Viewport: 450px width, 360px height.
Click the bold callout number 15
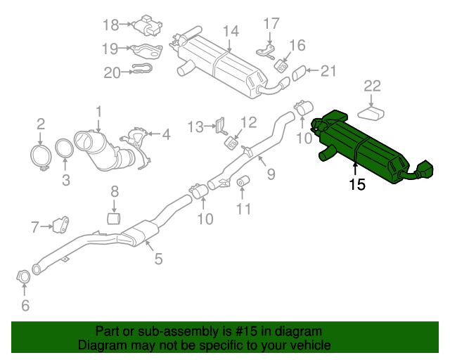356,185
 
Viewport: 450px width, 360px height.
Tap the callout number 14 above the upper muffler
231,32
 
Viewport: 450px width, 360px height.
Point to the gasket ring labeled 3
64,150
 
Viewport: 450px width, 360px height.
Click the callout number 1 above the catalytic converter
99,111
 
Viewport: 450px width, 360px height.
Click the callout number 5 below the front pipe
158,259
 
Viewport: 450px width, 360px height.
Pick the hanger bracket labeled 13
220,126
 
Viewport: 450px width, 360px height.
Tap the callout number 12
250,122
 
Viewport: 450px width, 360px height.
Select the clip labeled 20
141,70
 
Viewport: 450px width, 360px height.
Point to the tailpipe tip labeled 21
299,72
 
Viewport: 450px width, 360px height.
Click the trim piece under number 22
373,112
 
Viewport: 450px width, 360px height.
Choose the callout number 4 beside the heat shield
166,134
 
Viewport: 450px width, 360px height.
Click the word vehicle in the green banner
304,346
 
